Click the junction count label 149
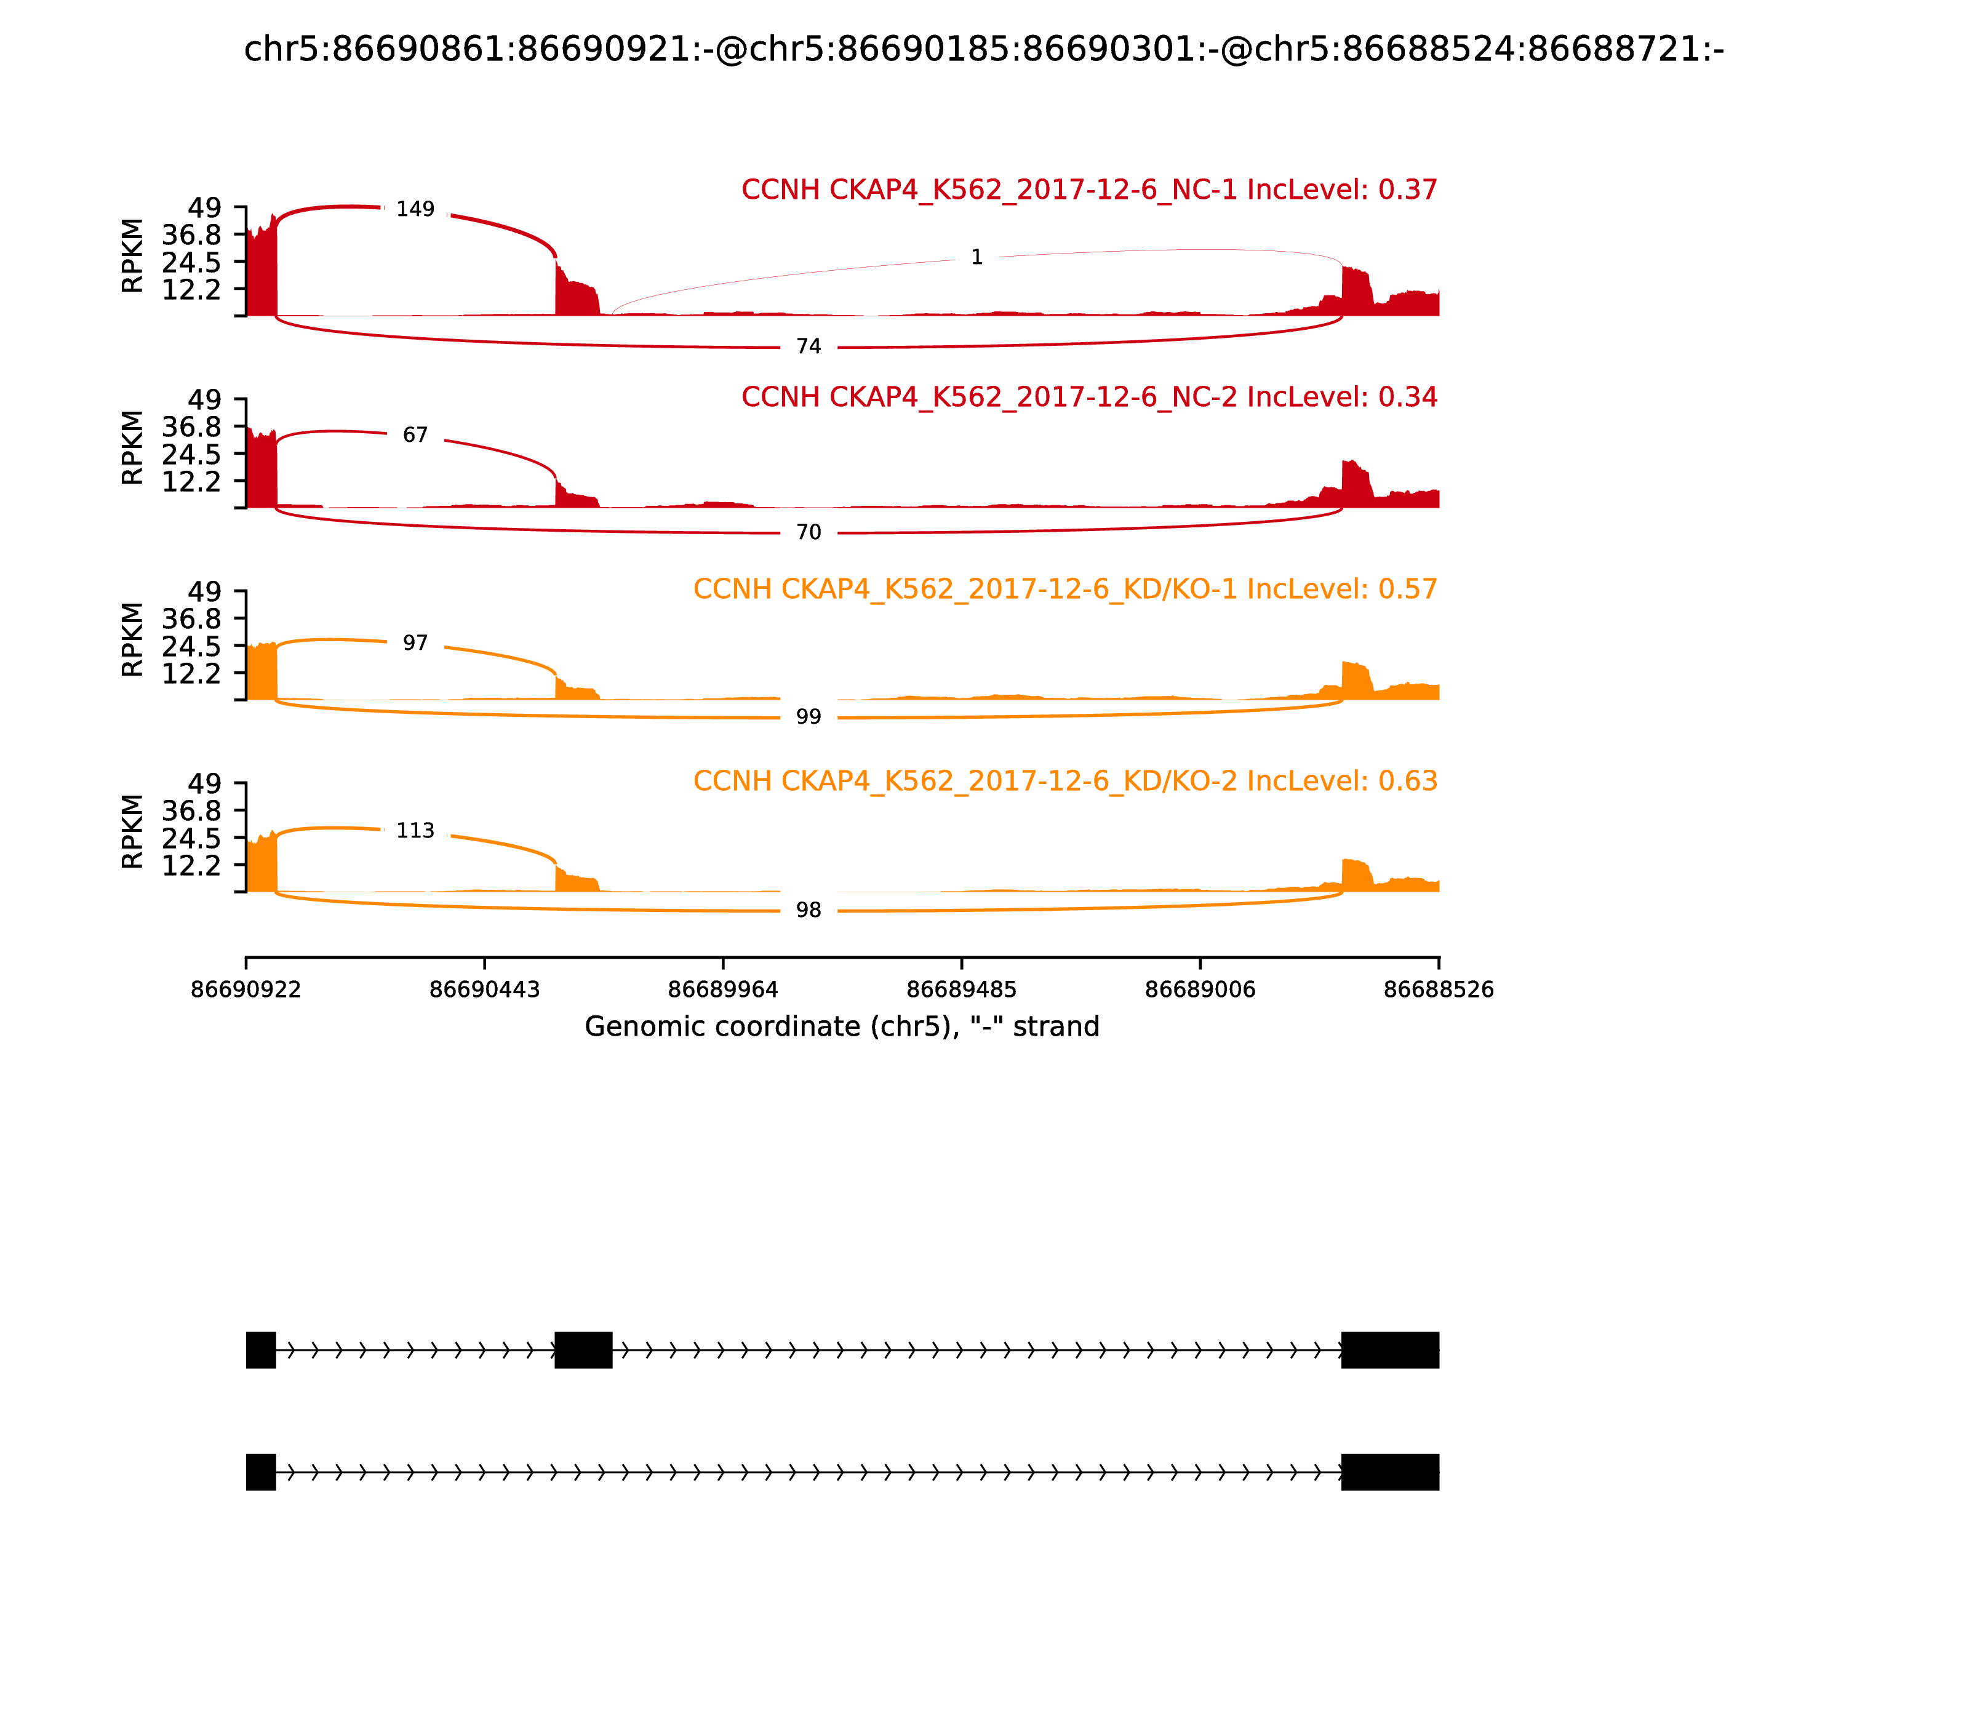(415, 210)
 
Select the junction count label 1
(977, 258)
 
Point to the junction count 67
(415, 436)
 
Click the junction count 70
(809, 533)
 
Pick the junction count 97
(415, 643)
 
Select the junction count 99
(809, 718)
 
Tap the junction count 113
(415, 831)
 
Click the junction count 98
(809, 911)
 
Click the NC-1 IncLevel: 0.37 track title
(1088, 190)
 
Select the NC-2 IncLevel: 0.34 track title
(1088, 397)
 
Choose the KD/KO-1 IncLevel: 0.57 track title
(1064, 590)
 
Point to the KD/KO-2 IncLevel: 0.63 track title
(1064, 781)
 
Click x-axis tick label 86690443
(485, 990)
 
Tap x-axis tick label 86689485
(961, 990)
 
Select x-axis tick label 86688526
(1439, 990)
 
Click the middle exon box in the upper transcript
(583, 1350)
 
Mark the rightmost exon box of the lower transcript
(1390, 1472)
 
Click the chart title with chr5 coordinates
(983, 50)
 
